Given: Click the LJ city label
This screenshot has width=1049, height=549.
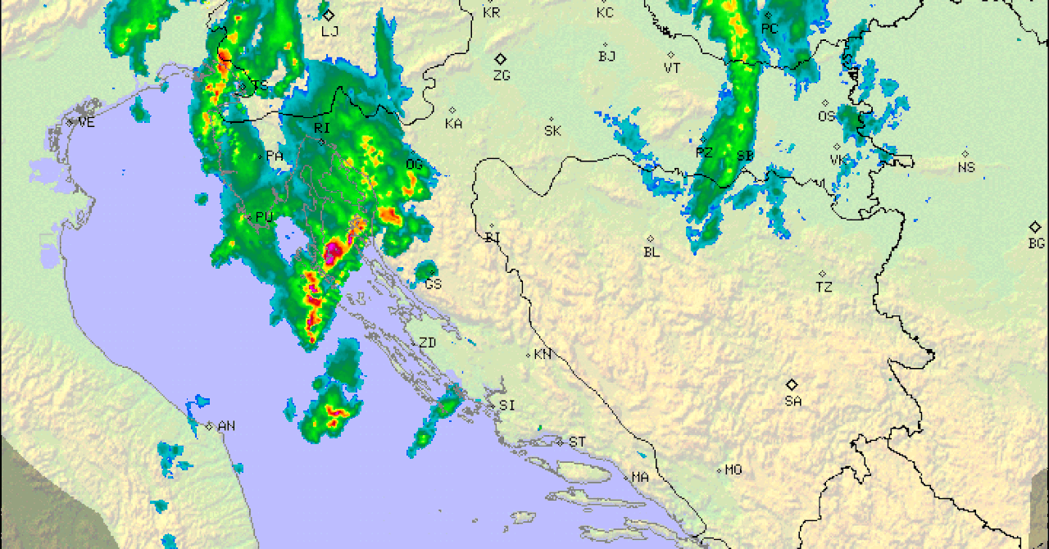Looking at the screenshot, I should tap(330, 32).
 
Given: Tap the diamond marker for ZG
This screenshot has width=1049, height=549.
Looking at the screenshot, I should tap(501, 59).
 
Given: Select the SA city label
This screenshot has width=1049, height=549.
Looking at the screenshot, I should tap(792, 402).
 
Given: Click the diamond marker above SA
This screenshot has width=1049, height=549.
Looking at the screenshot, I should tap(792, 384).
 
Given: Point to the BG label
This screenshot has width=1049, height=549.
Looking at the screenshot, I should tap(1037, 243).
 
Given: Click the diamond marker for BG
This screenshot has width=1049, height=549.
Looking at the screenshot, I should tap(1036, 227).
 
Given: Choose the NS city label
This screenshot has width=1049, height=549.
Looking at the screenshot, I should tap(967, 168).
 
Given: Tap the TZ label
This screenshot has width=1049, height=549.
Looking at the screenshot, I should tap(824, 288).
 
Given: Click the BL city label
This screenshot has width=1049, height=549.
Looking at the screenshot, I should tap(652, 252).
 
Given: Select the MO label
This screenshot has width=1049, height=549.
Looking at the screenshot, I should tap(733, 470).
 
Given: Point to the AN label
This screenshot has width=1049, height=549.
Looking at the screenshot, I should tap(227, 426).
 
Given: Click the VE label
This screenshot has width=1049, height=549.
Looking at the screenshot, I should tap(86, 122).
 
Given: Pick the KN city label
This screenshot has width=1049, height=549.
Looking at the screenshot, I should tap(543, 355).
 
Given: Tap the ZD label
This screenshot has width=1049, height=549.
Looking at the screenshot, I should tap(427, 343).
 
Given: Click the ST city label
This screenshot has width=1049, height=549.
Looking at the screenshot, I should tap(577, 442).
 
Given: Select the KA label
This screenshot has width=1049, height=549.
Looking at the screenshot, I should tap(453, 125).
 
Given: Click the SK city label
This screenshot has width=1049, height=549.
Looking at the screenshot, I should tap(553, 131).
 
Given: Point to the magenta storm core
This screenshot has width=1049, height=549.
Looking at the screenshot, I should tap(333, 251).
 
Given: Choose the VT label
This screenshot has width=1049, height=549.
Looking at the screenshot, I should tap(672, 69).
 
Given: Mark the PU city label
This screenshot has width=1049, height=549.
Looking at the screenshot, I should tap(264, 217).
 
